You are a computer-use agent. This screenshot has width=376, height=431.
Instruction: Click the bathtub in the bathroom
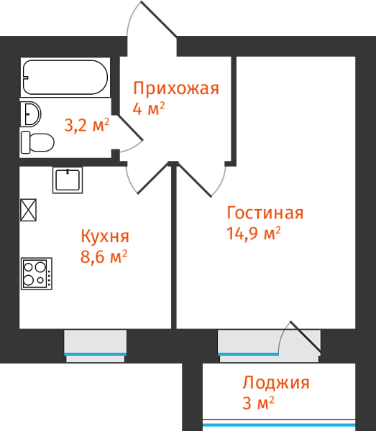coord(65,77)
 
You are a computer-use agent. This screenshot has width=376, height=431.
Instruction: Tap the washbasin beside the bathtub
coord(31,114)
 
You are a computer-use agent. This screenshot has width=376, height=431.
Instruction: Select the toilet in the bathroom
coord(37,142)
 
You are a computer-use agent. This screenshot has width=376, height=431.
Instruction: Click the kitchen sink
coord(68,180)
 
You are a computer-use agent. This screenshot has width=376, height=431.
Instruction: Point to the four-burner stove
coord(37,274)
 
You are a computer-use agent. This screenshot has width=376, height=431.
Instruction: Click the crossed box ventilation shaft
coord(28,210)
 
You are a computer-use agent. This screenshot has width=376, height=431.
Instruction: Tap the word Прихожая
coord(176,89)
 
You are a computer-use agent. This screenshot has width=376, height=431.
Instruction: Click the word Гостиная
coord(265,213)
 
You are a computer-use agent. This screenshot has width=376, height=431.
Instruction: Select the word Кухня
coord(105,236)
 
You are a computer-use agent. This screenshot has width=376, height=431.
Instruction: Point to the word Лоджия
coord(276,383)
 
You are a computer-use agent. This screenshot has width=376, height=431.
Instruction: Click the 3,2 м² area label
coord(87,125)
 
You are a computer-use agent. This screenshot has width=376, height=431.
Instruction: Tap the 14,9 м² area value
coord(254,233)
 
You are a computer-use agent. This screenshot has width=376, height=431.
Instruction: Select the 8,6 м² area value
coord(104,256)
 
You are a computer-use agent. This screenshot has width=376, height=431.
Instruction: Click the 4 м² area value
coord(149,108)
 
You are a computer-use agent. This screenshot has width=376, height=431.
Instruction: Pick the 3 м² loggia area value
coord(258,403)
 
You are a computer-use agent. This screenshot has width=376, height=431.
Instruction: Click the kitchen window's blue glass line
coord(96,354)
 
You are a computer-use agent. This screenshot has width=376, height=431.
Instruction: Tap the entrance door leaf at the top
coord(159,19)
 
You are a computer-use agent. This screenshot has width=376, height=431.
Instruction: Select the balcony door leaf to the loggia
coord(306,336)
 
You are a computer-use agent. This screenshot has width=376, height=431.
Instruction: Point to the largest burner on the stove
coord(40,267)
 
